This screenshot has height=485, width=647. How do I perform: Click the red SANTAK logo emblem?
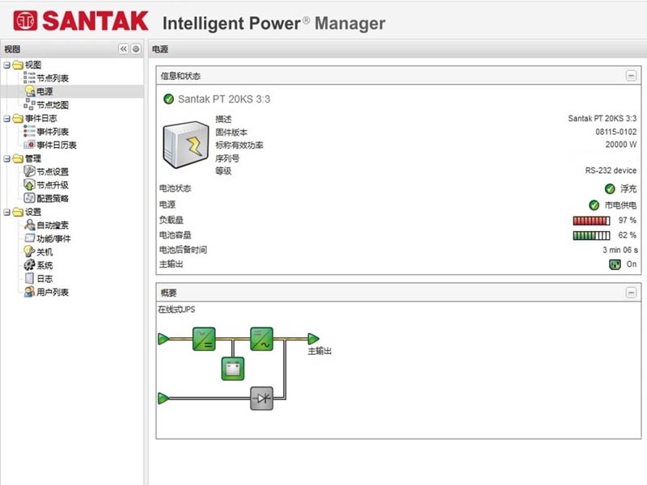[x=25, y=21]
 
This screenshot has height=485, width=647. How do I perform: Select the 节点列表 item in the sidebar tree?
[x=53, y=78]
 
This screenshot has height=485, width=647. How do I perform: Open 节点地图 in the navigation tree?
[x=53, y=105]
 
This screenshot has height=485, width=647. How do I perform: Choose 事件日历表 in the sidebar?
[x=57, y=145]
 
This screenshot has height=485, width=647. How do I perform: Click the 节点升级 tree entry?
[x=53, y=185]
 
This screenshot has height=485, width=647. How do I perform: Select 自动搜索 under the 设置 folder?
[x=53, y=226]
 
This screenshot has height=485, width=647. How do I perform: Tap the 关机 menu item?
[x=44, y=252]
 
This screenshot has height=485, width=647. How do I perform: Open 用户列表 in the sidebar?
[x=53, y=292]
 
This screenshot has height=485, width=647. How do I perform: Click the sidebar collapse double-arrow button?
[x=124, y=49]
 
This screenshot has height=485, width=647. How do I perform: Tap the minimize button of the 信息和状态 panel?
[x=631, y=76]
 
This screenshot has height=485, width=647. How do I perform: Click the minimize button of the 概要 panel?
[x=631, y=293]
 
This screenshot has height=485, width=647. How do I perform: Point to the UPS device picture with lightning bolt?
[x=186, y=145]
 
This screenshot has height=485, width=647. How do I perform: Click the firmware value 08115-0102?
[x=615, y=132]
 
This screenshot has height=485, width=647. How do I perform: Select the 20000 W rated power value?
[x=621, y=145]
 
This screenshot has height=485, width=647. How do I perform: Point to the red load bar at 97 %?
[x=591, y=221]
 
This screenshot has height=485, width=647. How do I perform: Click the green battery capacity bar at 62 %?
[x=591, y=235]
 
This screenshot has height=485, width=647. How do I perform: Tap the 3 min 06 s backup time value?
[x=620, y=250]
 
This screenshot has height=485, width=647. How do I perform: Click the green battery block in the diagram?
[x=233, y=369]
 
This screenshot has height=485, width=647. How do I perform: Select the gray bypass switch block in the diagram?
[x=261, y=399]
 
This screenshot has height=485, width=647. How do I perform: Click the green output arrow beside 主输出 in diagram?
[x=313, y=339]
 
